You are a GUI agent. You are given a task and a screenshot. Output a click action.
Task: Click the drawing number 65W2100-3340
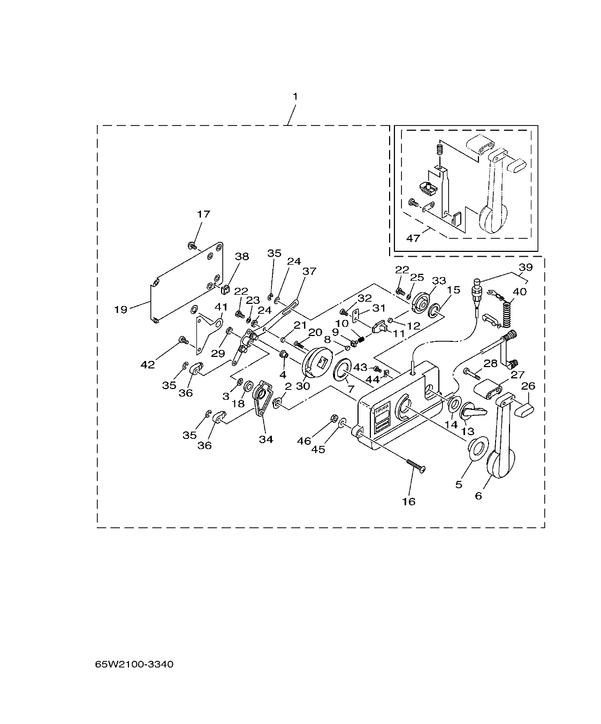coord(134,665)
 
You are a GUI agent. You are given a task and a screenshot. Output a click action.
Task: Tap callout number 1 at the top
coord(295,96)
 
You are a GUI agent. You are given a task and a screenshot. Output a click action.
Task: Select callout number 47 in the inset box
coord(413,238)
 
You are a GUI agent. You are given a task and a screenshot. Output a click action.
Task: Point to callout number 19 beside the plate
coord(121,309)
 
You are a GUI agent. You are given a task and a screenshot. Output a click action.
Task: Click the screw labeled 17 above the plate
coord(191,245)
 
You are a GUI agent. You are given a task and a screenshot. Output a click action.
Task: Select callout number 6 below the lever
coord(478,496)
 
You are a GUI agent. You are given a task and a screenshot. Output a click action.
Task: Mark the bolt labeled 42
coord(184,339)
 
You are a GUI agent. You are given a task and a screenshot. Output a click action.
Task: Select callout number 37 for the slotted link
coord(309,271)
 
